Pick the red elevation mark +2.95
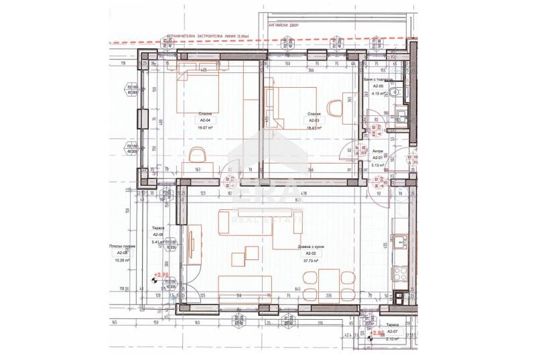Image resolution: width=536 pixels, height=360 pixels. point(161,275)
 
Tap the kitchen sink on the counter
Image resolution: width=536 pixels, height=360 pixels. point(400,242)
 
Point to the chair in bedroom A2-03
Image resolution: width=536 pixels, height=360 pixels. point(335,107)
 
